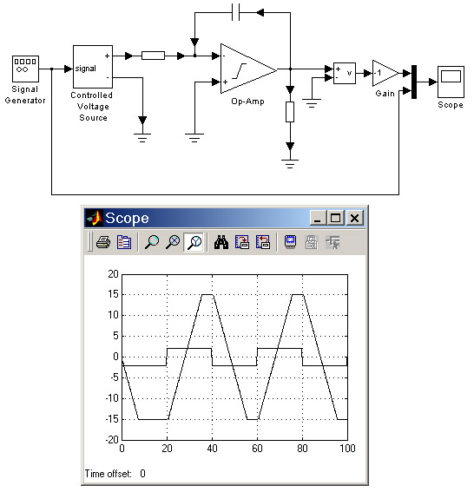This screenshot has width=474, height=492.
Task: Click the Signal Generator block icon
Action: pyautogui.click(x=25, y=69)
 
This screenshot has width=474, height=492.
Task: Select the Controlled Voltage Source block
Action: pyautogui.click(x=93, y=67)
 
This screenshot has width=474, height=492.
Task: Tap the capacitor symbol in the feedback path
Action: pyautogui.click(x=236, y=12)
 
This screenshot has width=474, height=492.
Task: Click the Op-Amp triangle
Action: pyautogui.click(x=248, y=69)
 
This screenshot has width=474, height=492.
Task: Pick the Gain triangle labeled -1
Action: pyautogui.click(x=385, y=73)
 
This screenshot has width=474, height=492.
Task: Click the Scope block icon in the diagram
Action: pyautogui.click(x=451, y=82)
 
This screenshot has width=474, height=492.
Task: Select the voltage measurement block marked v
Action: pyautogui.click(x=345, y=73)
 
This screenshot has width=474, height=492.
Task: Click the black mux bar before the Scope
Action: pyautogui.click(x=414, y=82)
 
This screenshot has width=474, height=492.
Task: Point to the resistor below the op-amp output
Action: pyautogui.click(x=290, y=112)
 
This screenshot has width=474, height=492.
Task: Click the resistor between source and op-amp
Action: pyautogui.click(x=153, y=56)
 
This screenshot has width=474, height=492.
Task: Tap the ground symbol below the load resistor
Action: pyautogui.click(x=290, y=164)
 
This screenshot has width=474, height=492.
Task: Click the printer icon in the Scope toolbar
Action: pyautogui.click(x=103, y=242)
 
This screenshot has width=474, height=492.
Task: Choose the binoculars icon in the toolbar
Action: pyautogui.click(x=221, y=242)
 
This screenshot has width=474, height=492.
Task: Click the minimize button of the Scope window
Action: pyautogui.click(x=318, y=218)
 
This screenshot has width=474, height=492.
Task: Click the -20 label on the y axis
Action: pyautogui.click(x=112, y=440)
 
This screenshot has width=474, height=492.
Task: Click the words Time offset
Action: pyautogui.click(x=108, y=474)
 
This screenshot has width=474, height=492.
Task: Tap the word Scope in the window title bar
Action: pyautogui.click(x=127, y=219)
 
